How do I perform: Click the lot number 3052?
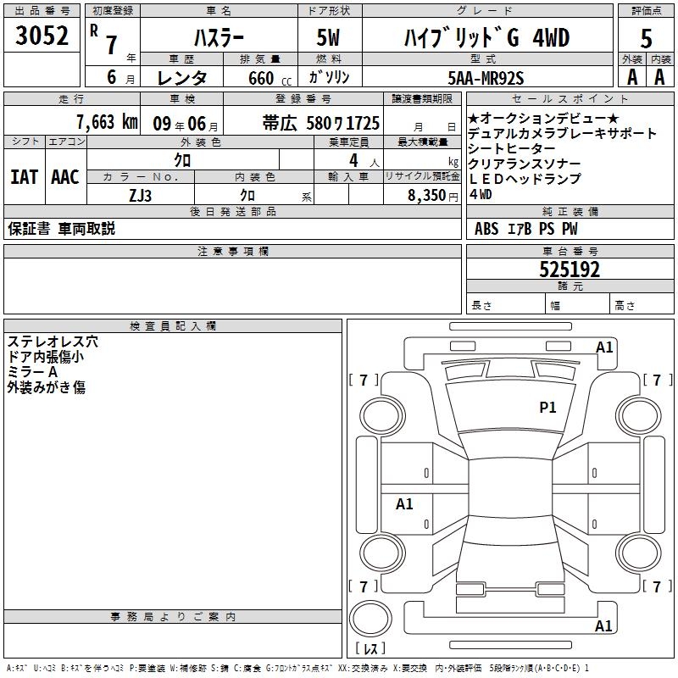tap(42, 36)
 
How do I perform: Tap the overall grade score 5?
tap(646, 38)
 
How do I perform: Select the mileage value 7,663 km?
tap(107, 122)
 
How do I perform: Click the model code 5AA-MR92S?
tap(486, 78)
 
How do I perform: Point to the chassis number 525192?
tap(570, 270)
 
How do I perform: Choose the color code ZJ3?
tap(140, 196)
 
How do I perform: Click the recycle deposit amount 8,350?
tap(426, 195)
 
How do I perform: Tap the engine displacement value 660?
tap(261, 78)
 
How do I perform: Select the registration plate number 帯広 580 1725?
tap(321, 123)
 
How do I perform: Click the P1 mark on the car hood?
tap(547, 407)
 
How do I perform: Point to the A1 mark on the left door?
tap(404, 503)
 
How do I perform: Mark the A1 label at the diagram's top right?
tap(604, 347)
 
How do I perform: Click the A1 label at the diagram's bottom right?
tap(603, 625)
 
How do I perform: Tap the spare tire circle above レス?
tap(370, 618)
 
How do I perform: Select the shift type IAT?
tap(25, 177)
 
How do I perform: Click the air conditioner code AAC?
tap(65, 177)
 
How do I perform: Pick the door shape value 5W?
tap(328, 37)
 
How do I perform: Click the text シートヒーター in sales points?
tap(512, 148)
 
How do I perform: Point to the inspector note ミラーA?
tap(32, 372)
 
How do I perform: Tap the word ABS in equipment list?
tap(486, 229)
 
